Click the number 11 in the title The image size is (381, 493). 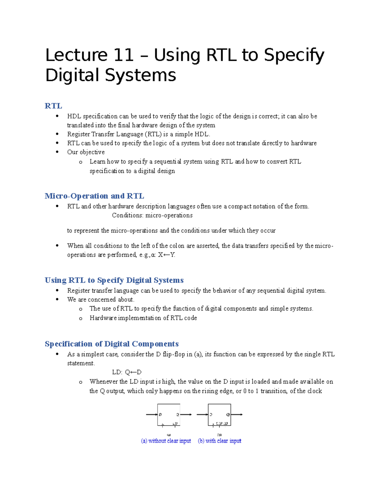click(x=124, y=55)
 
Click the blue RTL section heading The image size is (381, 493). click(x=53, y=106)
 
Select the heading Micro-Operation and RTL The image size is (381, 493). click(x=94, y=196)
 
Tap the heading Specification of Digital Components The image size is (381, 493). click(x=111, y=344)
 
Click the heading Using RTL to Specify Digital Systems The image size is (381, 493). click(x=114, y=280)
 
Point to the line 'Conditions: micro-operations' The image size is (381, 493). click(x=152, y=215)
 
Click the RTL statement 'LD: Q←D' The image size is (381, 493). click(x=127, y=372)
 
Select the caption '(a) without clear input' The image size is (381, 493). click(x=166, y=441)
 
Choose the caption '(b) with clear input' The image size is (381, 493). click(x=219, y=441)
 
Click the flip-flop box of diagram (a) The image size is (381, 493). click(x=169, y=415)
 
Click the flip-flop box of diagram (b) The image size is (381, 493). click(x=219, y=415)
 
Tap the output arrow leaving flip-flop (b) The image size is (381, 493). click(x=237, y=414)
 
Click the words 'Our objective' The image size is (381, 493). click(x=86, y=152)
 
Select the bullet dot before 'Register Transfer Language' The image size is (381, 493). click(x=57, y=134)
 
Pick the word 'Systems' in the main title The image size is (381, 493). click(x=140, y=76)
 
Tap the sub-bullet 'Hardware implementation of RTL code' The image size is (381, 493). click(x=143, y=318)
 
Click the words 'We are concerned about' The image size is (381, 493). click(x=101, y=299)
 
